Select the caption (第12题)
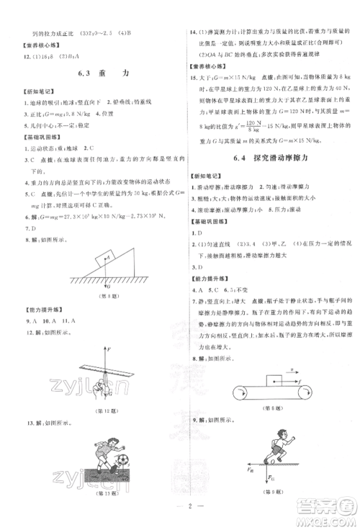pos(104,409)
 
